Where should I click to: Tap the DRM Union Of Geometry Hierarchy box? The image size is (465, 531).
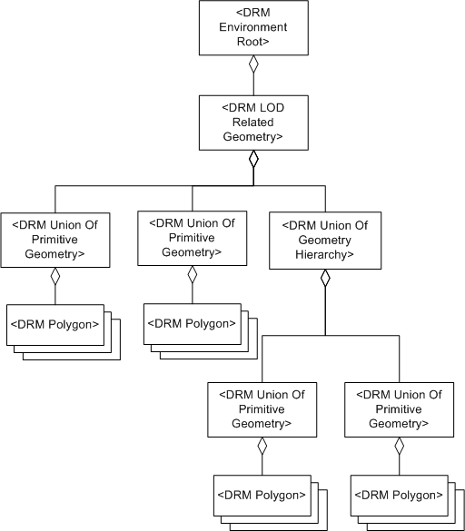tap(325, 240)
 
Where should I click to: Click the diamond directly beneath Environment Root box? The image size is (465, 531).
tap(254, 65)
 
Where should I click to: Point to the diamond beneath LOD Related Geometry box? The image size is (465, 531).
tap(254, 160)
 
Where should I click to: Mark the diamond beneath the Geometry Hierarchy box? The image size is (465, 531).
tap(325, 279)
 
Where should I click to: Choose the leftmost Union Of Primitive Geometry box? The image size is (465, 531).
tap(55, 240)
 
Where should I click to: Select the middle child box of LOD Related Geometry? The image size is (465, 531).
tap(192, 238)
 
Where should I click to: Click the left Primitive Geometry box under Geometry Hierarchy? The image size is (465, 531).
tap(262, 408)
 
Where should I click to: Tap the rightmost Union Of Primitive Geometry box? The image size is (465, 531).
tap(399, 408)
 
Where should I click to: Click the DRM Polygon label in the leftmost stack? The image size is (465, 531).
tap(54, 324)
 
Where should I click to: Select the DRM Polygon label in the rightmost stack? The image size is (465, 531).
tap(398, 495)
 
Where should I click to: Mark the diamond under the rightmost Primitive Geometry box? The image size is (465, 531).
tap(399, 447)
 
